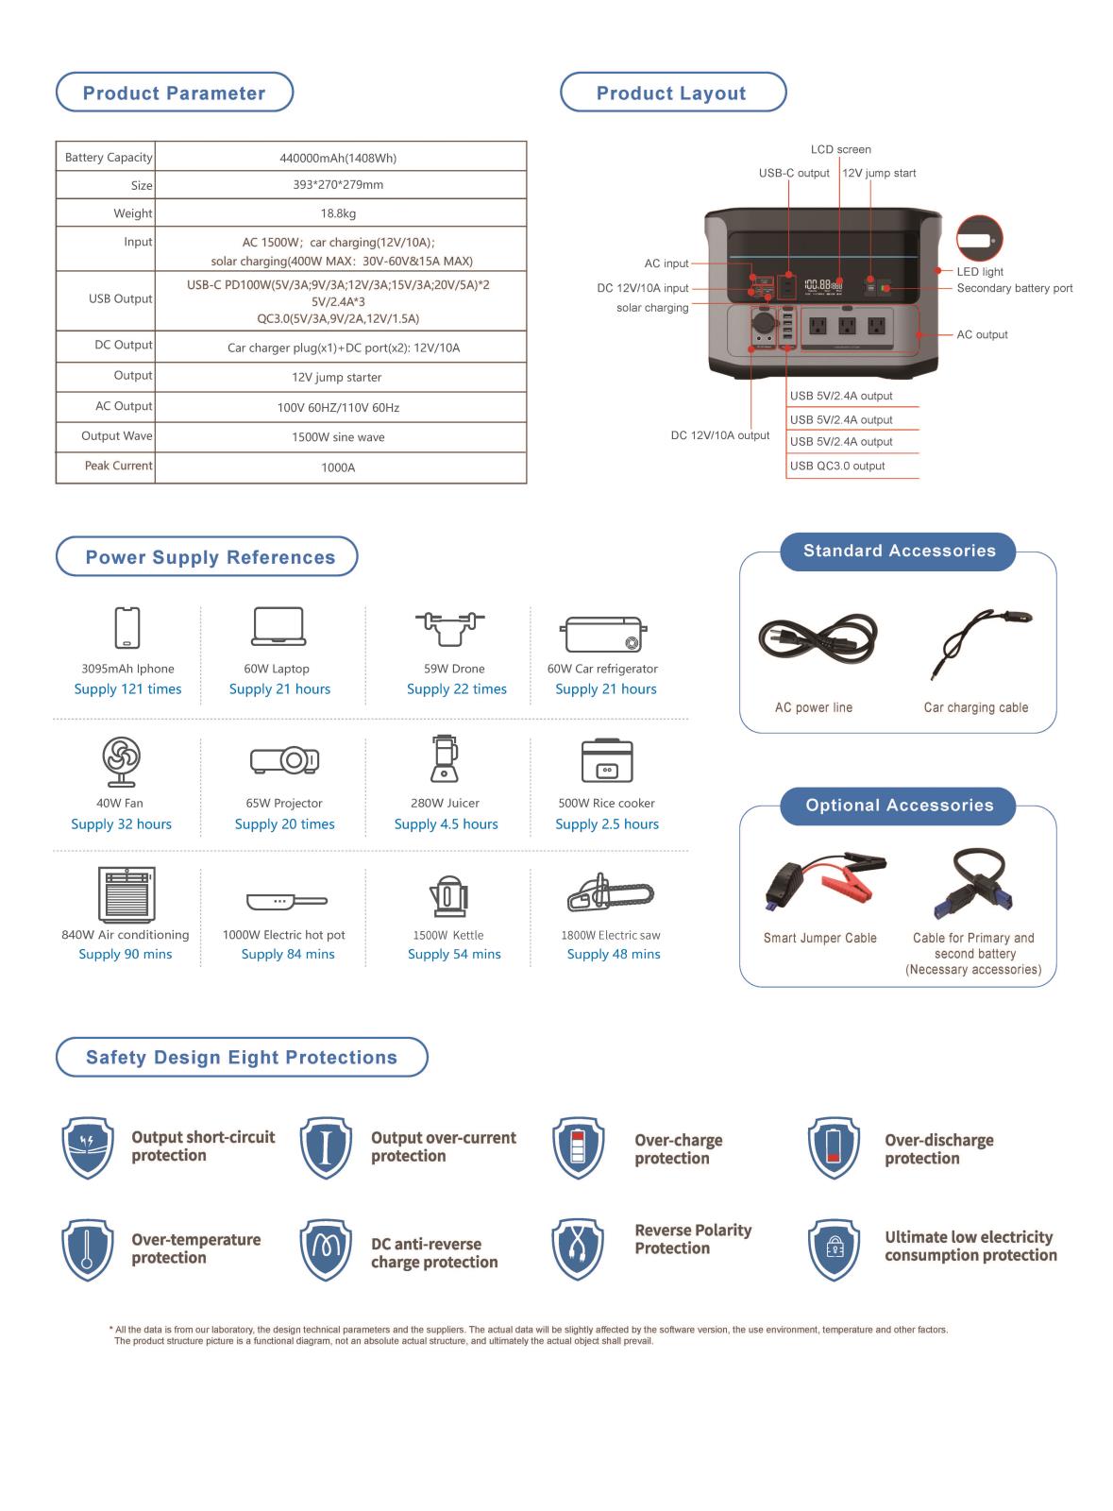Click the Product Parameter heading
coord(175,93)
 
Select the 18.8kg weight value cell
coord(338,213)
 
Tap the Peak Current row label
coord(118,466)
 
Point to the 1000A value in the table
coord(338,467)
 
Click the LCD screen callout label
coord(840,149)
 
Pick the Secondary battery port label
coord(1014,288)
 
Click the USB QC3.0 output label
coord(837,466)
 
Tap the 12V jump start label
coord(879,173)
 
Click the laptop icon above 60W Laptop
coord(278,627)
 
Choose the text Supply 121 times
coord(127,689)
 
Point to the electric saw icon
coord(611,893)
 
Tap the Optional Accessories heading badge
coord(899,806)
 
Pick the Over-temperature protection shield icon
coord(88,1248)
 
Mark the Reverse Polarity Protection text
coord(693,1239)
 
